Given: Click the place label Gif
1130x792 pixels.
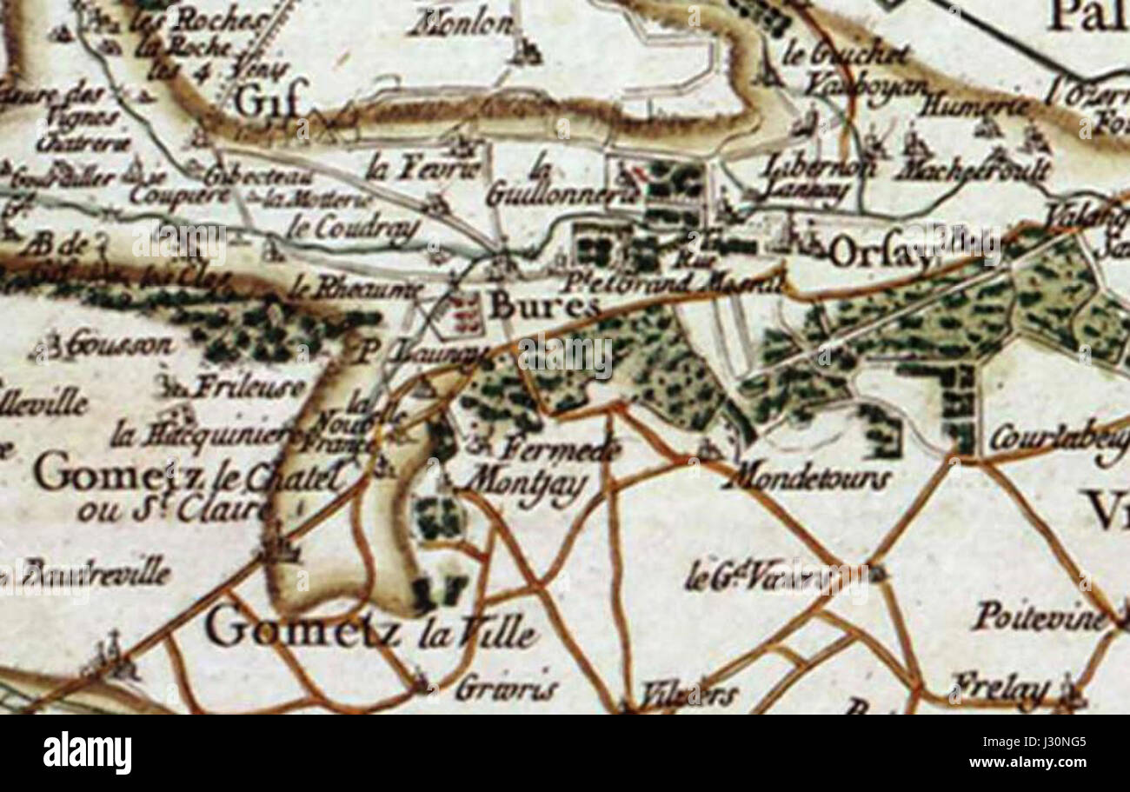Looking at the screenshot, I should click(269, 103).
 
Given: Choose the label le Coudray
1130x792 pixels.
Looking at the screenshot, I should click(353, 229).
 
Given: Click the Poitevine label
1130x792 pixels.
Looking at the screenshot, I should click(1038, 617).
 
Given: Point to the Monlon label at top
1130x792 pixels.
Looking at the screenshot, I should click(462, 24).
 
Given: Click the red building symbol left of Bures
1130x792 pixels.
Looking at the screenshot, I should click(466, 313).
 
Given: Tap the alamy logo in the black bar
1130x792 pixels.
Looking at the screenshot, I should click(87, 753).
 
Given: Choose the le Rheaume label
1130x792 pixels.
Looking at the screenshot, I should click(356, 289).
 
